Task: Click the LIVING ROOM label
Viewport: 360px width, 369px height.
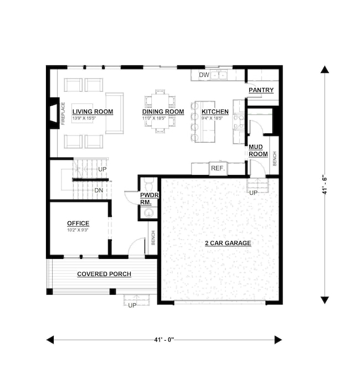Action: (92, 112)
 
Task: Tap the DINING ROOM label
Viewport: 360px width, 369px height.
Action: (163, 112)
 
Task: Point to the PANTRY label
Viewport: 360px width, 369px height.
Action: (261, 90)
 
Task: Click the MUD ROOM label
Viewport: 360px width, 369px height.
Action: (258, 150)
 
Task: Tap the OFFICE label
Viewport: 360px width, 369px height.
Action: (78, 224)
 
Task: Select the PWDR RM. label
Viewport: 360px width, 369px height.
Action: (148, 199)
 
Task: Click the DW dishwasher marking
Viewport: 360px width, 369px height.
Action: (203, 75)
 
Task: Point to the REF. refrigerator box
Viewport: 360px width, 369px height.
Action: (217, 168)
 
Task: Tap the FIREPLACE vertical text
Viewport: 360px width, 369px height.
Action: (63, 114)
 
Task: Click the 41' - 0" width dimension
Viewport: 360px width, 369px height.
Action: (164, 340)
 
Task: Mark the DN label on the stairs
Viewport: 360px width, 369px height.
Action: (99, 191)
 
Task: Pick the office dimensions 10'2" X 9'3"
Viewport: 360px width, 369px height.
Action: (78, 230)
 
